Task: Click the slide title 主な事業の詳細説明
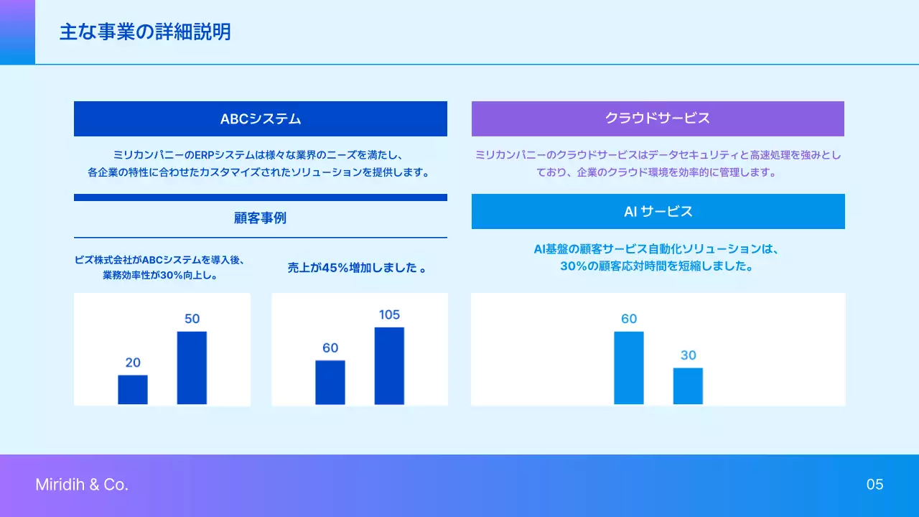click(145, 32)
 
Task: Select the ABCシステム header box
click(260, 118)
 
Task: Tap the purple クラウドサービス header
click(658, 118)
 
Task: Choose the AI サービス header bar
click(658, 211)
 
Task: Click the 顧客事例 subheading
click(260, 218)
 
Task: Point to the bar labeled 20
click(133, 390)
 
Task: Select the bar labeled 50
click(192, 368)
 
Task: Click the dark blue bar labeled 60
click(330, 382)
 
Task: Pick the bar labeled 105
click(389, 365)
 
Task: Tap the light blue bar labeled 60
click(629, 368)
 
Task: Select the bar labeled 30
click(688, 386)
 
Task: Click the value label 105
click(389, 315)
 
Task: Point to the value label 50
click(192, 319)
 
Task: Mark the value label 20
click(133, 363)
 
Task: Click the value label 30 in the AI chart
click(688, 355)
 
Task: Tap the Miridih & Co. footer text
click(82, 485)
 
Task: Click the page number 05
click(874, 485)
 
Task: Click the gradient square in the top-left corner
click(17, 32)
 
